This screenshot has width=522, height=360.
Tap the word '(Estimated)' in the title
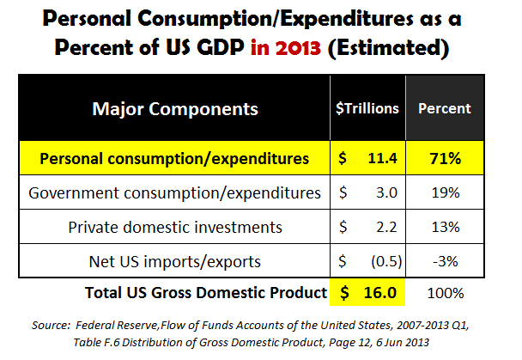coord(391,47)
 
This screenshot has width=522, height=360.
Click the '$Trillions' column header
coord(367,110)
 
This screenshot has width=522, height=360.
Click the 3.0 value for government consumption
coord(383,193)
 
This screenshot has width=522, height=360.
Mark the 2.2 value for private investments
coord(383,227)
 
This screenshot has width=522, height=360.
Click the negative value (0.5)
coord(379,260)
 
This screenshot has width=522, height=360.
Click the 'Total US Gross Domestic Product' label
coord(206,293)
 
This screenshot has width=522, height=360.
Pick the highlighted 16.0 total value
coord(378,293)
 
